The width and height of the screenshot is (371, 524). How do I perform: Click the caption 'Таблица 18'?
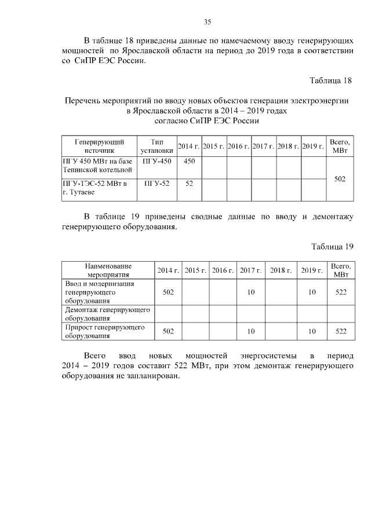(331, 80)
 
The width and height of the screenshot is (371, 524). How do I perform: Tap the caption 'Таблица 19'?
(332, 247)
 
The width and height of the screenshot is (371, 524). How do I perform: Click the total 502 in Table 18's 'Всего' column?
(340, 179)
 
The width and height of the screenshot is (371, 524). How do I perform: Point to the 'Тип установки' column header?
(157, 146)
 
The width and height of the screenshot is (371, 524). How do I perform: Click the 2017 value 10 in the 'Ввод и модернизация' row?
(251, 292)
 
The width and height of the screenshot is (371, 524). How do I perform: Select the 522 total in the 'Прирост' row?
(340, 331)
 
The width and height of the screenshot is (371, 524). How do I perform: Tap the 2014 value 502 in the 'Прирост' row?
(168, 331)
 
